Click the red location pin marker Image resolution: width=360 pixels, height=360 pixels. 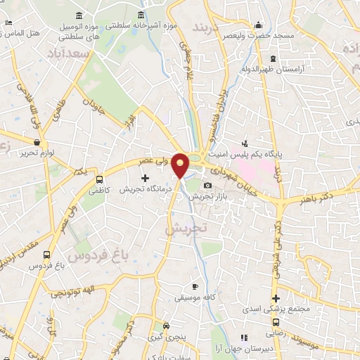point(181,165)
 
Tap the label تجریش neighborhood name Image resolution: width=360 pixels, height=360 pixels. point(187,229)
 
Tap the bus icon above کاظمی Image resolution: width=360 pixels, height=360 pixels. point(99,179)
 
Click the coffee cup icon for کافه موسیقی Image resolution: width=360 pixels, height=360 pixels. point(195,287)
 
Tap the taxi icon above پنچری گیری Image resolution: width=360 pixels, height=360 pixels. point(166,326)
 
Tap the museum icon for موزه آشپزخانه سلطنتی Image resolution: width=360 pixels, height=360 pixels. point(142,15)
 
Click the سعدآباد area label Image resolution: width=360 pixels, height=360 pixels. point(68,53)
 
